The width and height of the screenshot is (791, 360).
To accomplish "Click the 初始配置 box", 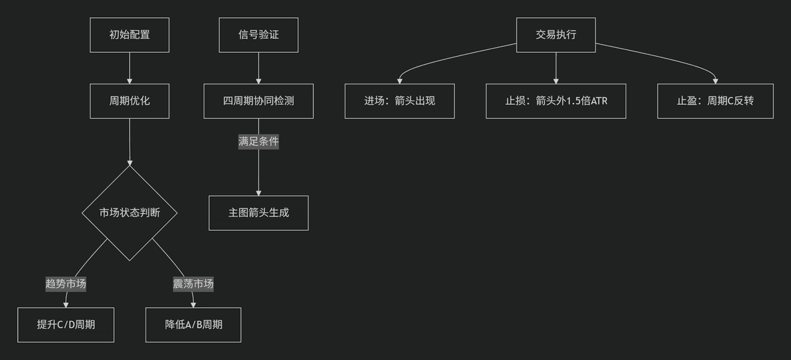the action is (x=130, y=35).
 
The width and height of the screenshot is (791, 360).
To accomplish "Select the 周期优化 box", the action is (x=130, y=101).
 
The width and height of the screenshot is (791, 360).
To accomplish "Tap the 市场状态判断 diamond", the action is (x=130, y=213).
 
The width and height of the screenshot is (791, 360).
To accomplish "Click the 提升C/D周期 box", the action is (x=66, y=324).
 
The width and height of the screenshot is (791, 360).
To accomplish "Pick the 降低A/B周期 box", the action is (x=193, y=324).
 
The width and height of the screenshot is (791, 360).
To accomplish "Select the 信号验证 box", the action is (x=258, y=35).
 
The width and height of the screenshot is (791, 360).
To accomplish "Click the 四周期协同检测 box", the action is (x=258, y=101).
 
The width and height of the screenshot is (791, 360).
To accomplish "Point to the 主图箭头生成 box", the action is (x=258, y=213).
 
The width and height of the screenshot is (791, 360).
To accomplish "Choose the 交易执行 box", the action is (x=556, y=35).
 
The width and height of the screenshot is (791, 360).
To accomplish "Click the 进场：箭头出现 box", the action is (x=399, y=101).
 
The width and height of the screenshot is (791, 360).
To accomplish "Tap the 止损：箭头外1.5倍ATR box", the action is (x=556, y=101).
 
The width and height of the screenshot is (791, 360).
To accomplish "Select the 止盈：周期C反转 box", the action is (x=715, y=101).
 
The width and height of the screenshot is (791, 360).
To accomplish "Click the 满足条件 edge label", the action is (x=258, y=142).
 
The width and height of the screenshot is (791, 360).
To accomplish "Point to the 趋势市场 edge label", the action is (x=66, y=284).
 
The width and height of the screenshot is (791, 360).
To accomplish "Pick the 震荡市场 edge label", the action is (x=193, y=284).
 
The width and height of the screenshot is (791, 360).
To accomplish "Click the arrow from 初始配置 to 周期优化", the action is (x=130, y=68).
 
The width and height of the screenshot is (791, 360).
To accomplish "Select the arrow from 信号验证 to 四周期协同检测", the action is (x=258, y=68).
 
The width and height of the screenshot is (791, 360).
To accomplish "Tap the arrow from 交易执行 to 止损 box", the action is (x=556, y=68).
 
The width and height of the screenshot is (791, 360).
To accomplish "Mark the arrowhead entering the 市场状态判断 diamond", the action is (x=130, y=163).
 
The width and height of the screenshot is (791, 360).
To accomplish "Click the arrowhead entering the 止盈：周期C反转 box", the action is (x=715, y=81).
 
